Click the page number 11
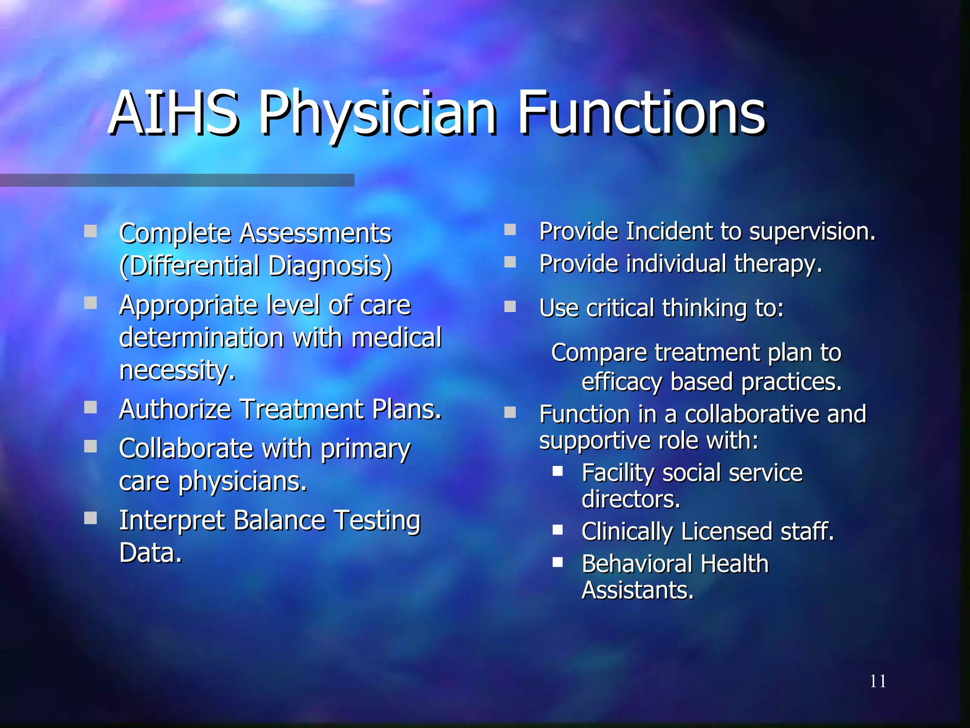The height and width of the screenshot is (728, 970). pyautogui.click(x=878, y=681)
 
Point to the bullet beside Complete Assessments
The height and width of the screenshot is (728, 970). pyautogui.click(x=90, y=231)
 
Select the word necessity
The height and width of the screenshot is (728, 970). pyautogui.click(x=177, y=370)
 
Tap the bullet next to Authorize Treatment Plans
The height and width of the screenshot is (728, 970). pyautogui.click(x=90, y=407)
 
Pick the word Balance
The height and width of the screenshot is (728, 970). pyautogui.click(x=279, y=520)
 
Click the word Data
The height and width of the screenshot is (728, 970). pyautogui.click(x=150, y=553)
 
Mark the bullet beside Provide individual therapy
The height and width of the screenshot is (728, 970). pyautogui.click(x=510, y=262)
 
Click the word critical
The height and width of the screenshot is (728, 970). pyautogui.click(x=620, y=308)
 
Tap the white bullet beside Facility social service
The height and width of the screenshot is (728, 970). pyautogui.click(x=557, y=471)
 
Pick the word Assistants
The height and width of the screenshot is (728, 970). pyautogui.click(x=637, y=591)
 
